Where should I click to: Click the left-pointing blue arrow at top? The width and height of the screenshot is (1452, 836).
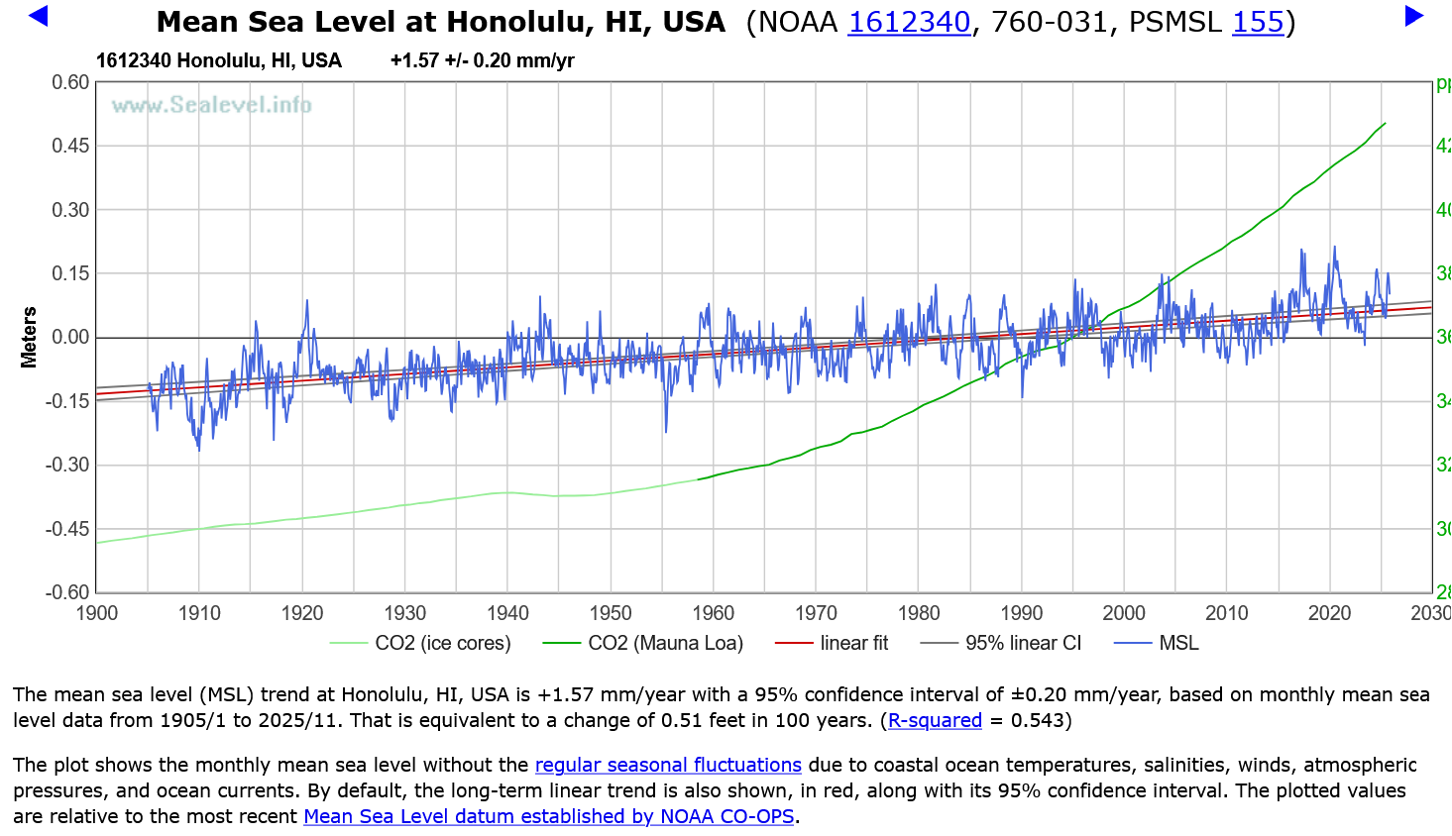(39, 16)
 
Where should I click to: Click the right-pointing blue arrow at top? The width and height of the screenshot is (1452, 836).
(1414, 16)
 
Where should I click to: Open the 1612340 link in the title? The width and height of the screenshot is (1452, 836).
(909, 22)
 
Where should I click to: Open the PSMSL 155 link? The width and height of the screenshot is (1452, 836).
(1258, 22)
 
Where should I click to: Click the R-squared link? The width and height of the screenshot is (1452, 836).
(935, 721)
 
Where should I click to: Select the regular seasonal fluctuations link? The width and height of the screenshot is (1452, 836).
(668, 766)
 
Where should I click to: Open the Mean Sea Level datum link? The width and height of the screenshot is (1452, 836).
(549, 817)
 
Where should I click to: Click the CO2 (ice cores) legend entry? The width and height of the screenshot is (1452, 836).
(442, 644)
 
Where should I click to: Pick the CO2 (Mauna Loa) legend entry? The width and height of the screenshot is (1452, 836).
(665, 644)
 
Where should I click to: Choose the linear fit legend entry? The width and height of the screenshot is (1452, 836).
(853, 644)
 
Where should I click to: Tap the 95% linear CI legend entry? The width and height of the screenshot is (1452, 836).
(1023, 644)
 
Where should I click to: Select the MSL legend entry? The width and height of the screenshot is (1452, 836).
(1178, 644)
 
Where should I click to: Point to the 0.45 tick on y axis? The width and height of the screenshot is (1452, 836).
(70, 147)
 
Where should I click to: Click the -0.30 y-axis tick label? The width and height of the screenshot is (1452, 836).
(67, 466)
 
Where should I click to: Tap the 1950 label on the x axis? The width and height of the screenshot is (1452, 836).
(611, 614)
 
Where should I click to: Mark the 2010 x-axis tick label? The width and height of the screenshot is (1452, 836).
(1227, 614)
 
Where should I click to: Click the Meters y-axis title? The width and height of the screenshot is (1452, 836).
(29, 338)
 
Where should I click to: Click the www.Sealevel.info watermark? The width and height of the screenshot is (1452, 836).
(211, 105)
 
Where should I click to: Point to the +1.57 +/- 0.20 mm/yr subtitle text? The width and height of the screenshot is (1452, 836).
(482, 61)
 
